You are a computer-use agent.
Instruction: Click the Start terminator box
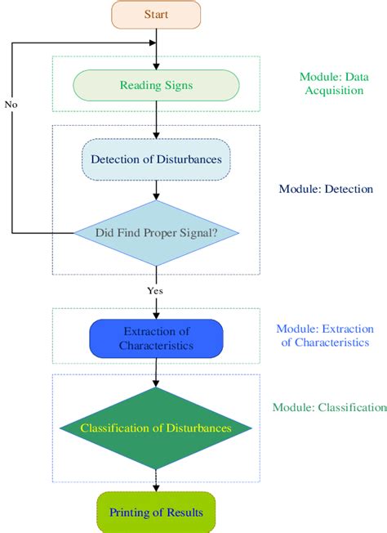pos(157,15)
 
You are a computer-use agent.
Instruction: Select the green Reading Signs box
pos(157,84)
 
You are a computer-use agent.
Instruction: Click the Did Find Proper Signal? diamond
pos(157,233)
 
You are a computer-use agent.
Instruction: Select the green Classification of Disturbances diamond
pos(156,428)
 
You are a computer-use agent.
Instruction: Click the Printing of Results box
pos(157,513)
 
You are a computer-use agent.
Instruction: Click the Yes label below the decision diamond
pos(155,289)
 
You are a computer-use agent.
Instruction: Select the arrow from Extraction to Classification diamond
pos(157,372)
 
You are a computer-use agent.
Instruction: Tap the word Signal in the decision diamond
pos(190,233)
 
